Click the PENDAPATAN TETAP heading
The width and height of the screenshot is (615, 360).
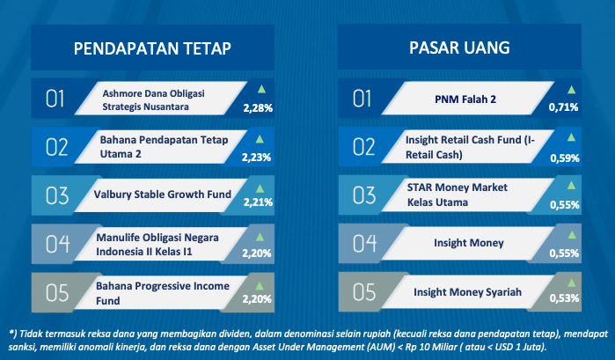click(x=152, y=48)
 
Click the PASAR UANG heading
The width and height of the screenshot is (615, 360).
click(x=459, y=48)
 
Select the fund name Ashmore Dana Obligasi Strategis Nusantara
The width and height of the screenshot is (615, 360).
click(x=153, y=99)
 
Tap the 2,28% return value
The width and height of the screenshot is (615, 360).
click(x=258, y=108)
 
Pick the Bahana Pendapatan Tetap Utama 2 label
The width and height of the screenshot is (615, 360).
click(x=164, y=146)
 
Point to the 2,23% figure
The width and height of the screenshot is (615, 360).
click(x=256, y=158)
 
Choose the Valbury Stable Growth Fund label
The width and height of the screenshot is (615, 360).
click(x=163, y=195)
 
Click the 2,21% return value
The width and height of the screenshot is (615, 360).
click(x=258, y=202)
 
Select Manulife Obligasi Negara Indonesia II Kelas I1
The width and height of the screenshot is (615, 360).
click(x=157, y=244)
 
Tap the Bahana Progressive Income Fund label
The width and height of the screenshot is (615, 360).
click(x=163, y=293)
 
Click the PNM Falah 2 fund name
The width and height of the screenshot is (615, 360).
click(x=465, y=99)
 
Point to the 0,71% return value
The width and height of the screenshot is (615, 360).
click(x=564, y=107)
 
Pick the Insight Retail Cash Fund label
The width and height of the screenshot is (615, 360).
click(x=470, y=147)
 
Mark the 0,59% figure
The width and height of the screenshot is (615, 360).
click(x=565, y=158)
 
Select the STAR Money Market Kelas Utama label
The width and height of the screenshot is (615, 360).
click(x=457, y=195)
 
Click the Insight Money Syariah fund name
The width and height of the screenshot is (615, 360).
click(x=467, y=292)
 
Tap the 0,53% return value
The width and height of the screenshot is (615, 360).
click(x=564, y=298)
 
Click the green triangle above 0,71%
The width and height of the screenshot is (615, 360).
click(x=572, y=90)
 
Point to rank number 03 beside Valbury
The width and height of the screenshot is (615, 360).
click(x=57, y=195)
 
